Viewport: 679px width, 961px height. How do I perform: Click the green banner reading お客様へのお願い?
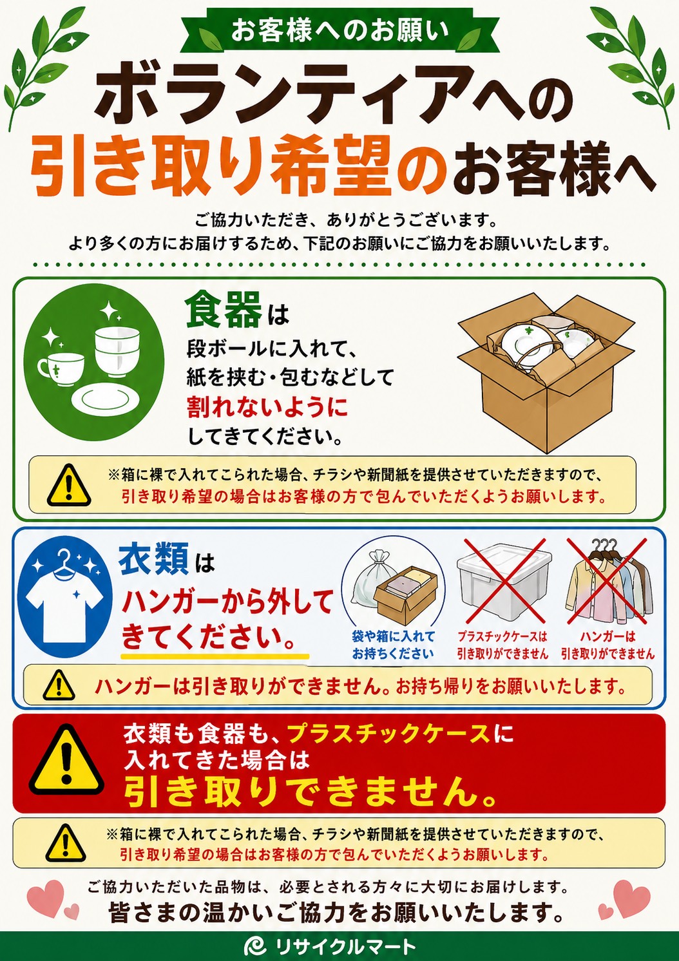pyautogui.click(x=339, y=32)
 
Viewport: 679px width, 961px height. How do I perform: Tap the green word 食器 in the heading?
pyautogui.click(x=224, y=310)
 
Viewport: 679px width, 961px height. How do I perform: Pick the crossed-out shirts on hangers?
pyautogui.click(x=607, y=584)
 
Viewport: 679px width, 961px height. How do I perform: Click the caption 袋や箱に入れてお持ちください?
pyautogui.click(x=392, y=644)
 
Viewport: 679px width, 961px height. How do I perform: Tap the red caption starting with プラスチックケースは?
pyautogui.click(x=502, y=644)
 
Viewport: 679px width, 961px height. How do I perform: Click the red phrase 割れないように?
pyautogui.click(x=267, y=406)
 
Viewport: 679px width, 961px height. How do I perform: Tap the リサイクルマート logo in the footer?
pyautogui.click(x=330, y=946)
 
